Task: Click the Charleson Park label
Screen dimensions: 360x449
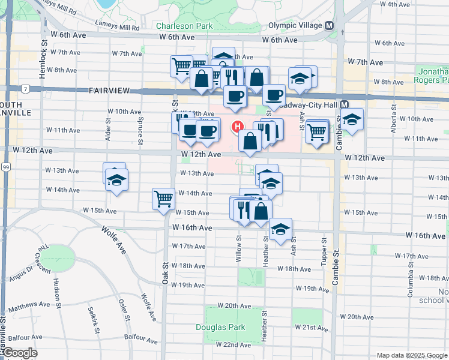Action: pyautogui.click(x=184, y=26)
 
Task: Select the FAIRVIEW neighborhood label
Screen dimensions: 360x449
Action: pyautogui.click(x=109, y=91)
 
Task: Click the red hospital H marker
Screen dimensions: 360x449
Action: pyautogui.click(x=237, y=127)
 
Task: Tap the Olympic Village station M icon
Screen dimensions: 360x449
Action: pyautogui.click(x=329, y=26)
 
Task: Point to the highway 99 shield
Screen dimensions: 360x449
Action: pyautogui.click(x=5, y=166)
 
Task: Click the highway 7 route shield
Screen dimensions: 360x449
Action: pyautogui.click(x=26, y=89)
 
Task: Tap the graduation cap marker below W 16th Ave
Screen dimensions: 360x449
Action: pyautogui.click(x=280, y=229)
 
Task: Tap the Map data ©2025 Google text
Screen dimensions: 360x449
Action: pyautogui.click(x=412, y=355)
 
